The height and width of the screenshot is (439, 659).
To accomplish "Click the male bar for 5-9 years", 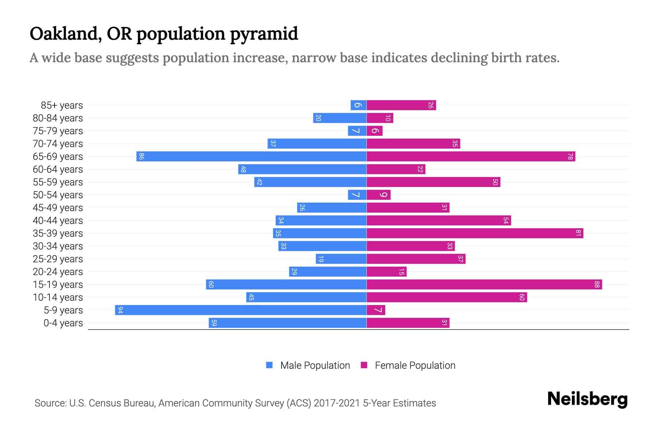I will (x=241, y=310).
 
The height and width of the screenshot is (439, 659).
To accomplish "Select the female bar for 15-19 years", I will (x=484, y=285).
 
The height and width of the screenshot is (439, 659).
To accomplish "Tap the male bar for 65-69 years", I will (x=252, y=157).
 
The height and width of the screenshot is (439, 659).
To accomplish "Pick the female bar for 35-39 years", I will (x=475, y=233).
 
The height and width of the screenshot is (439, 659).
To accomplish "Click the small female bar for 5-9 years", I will (x=376, y=310).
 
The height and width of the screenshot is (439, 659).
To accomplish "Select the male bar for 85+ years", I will (x=358, y=105).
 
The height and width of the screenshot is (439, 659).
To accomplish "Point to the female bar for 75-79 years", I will (x=375, y=131).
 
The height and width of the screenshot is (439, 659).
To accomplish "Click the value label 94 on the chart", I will (x=120, y=310).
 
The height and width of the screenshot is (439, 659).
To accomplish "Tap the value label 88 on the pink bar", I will (x=597, y=285).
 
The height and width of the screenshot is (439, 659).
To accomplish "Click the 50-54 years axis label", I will (x=58, y=195).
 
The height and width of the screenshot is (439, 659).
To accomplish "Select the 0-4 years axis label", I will (x=63, y=323).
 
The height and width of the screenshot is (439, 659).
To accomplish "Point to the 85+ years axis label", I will (x=62, y=105).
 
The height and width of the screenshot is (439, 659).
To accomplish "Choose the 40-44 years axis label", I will (x=58, y=221).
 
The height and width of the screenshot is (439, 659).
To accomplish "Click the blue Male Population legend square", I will (x=269, y=365).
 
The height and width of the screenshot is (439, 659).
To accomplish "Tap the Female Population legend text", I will (x=415, y=365).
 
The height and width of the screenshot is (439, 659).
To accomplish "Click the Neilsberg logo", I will (x=587, y=399).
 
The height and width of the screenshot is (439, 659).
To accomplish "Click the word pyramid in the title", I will (x=264, y=34).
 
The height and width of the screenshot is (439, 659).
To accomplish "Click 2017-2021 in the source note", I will (x=337, y=403).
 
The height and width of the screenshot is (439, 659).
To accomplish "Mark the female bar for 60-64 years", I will (x=396, y=169).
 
